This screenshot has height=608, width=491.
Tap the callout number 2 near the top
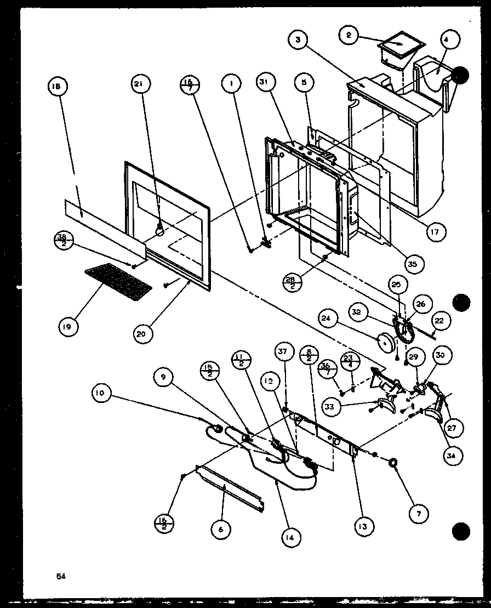coord(349,36)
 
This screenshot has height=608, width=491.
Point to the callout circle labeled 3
coord(299,39)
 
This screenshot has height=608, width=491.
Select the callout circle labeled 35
coord(412,264)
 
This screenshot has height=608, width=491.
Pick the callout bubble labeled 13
coord(363,527)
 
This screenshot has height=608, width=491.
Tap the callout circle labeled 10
coord(102,393)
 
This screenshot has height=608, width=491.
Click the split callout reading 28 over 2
coord(292,283)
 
